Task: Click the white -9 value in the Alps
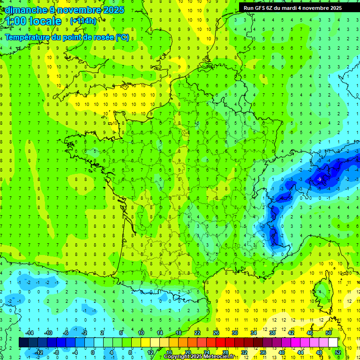[319, 179]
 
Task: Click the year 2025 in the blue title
[113, 10]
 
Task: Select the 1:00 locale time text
[33, 21]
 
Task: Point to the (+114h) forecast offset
[83, 21]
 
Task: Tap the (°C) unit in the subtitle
[122, 37]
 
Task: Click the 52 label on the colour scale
[338, 352]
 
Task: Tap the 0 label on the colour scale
[92, 352]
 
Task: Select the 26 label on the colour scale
[216, 333]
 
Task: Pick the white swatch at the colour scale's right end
[333, 343]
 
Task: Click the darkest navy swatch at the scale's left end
[23, 343]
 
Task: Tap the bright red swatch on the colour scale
[220, 343]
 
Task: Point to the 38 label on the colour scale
[272, 333]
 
